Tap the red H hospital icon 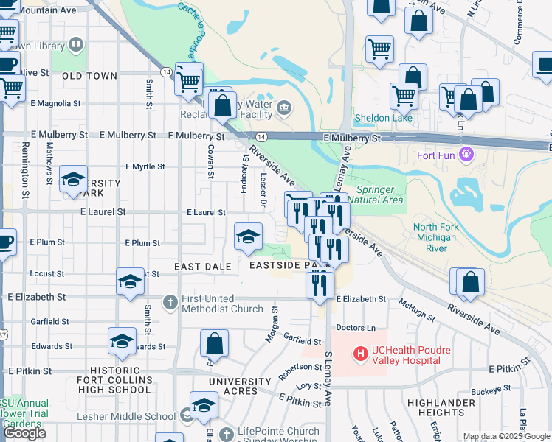(x=361, y=354)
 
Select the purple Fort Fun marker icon (x=466, y=154)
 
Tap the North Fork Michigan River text (x=441, y=238)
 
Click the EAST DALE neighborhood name (x=203, y=265)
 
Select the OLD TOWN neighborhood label (x=90, y=76)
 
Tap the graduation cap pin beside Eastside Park (x=249, y=236)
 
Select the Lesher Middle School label (x=126, y=416)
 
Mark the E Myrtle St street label (x=145, y=166)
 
